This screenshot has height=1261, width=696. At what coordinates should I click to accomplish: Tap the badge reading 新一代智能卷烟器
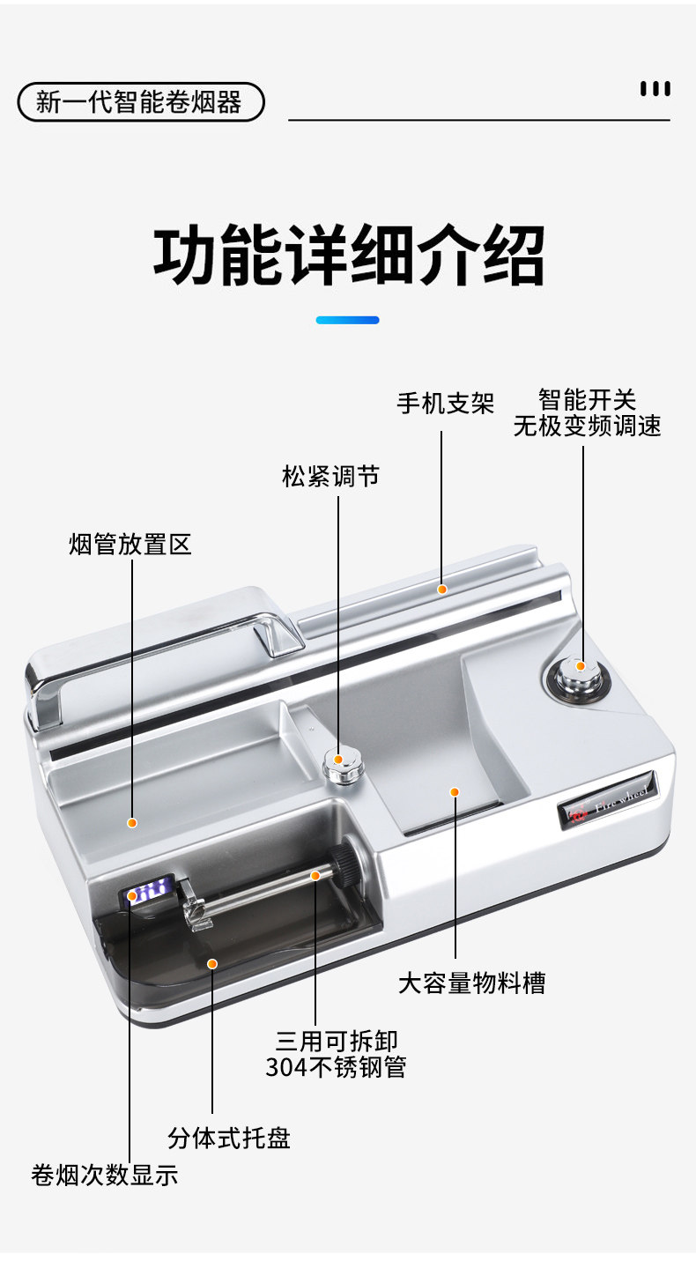[x=140, y=102]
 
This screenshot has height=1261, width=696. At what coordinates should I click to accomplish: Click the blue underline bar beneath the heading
[x=347, y=320]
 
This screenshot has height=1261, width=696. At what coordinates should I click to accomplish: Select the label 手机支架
[x=445, y=404]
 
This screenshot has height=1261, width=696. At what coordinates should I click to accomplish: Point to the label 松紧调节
[x=330, y=477]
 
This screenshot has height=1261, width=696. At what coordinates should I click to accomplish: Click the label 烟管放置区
[x=130, y=544]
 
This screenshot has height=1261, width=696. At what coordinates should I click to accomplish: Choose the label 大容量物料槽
[x=471, y=983]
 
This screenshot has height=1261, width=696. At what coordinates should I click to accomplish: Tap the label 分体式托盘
[x=229, y=1138]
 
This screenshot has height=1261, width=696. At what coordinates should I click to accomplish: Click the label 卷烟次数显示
[x=104, y=1175]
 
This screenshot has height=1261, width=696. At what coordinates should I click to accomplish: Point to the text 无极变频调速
[x=587, y=427]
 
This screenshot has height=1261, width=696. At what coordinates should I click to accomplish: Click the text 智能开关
[x=587, y=400]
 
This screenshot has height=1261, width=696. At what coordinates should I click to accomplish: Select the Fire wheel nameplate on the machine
[x=609, y=803]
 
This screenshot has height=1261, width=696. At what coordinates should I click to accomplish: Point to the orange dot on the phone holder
[x=442, y=589]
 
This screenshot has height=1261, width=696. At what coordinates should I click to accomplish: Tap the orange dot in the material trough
[x=455, y=791]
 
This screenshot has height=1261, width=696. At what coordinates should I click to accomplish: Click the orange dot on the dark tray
[x=212, y=963]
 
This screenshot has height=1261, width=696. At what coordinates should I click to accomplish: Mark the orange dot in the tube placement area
[x=132, y=823]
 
